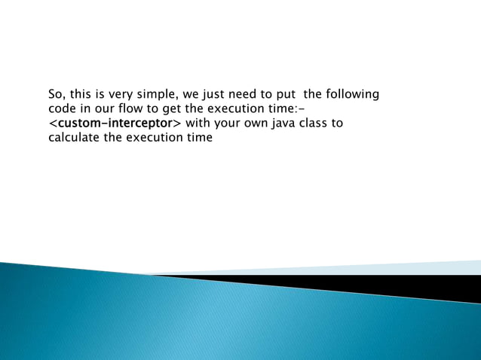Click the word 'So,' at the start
[57, 95]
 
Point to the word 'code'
[61, 109]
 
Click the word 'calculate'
[74, 138]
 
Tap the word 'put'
[290, 95]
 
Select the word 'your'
[226, 124]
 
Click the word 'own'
[256, 124]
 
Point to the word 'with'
[198, 124]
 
